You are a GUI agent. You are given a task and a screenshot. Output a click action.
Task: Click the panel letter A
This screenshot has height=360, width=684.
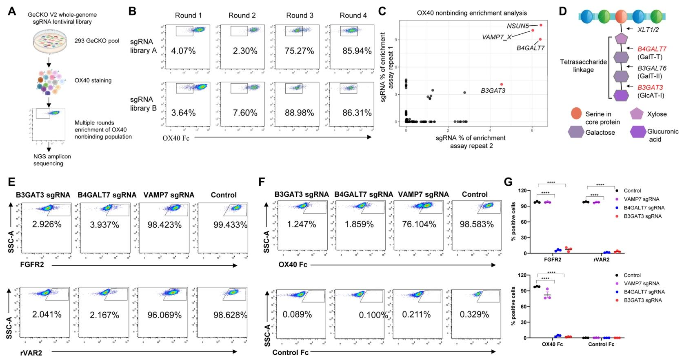[x=12, y=11]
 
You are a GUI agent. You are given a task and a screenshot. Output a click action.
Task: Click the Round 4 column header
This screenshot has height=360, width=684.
[x=353, y=16]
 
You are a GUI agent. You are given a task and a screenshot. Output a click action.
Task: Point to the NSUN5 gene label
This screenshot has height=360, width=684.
[x=518, y=26]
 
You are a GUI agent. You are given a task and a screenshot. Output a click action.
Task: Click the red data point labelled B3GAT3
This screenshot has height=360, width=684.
[x=502, y=84]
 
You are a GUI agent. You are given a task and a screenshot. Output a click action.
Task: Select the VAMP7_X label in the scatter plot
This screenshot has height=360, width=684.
[x=497, y=37]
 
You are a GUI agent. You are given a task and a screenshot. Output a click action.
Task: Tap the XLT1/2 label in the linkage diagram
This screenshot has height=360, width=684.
[x=648, y=29]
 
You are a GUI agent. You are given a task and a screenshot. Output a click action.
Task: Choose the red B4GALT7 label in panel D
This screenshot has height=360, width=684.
[x=652, y=49]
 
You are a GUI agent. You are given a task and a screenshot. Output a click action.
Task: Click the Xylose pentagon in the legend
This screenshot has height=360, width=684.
[x=637, y=114]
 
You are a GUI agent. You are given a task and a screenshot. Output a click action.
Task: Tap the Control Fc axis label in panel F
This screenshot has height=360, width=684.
[x=290, y=352]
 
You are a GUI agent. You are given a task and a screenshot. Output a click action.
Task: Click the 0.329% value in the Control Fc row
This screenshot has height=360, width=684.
[x=474, y=314]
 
